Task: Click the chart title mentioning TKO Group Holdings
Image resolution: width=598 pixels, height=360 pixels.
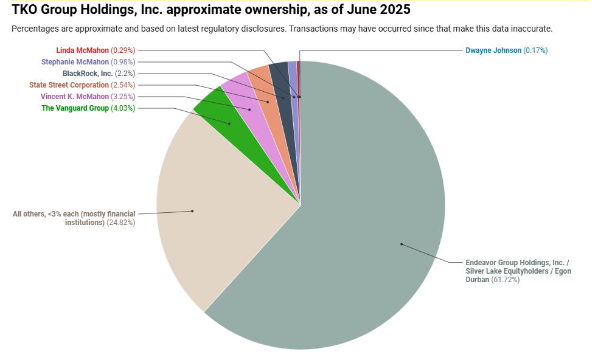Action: (x=210, y=10)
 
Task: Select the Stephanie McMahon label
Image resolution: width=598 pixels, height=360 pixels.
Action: (x=75, y=62)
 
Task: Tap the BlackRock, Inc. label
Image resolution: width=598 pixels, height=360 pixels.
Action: (x=88, y=74)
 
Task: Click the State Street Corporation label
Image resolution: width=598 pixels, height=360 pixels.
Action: (x=69, y=85)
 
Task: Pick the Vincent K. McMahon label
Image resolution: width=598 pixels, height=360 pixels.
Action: (x=75, y=97)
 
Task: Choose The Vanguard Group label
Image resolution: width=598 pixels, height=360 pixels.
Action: (x=75, y=108)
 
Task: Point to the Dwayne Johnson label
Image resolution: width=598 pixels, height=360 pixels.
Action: (x=493, y=50)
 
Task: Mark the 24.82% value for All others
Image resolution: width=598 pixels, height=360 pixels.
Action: (x=121, y=223)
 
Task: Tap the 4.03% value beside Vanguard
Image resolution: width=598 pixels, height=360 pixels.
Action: (x=123, y=108)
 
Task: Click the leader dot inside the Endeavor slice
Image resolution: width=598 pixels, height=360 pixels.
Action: (x=402, y=244)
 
